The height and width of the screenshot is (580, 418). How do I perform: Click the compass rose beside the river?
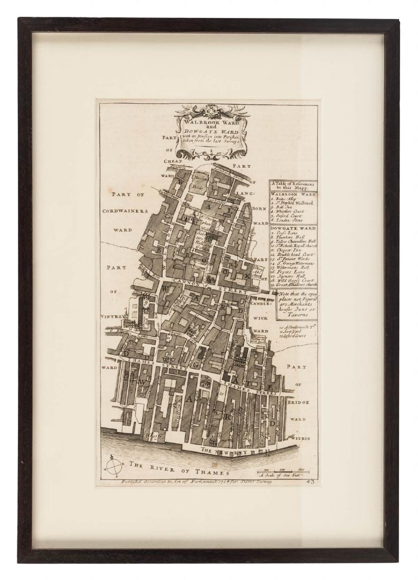coord(113,466)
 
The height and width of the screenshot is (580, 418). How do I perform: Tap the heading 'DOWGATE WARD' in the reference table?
coord(294,228)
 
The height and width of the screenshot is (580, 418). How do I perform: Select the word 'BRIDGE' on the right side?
coord(298,402)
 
